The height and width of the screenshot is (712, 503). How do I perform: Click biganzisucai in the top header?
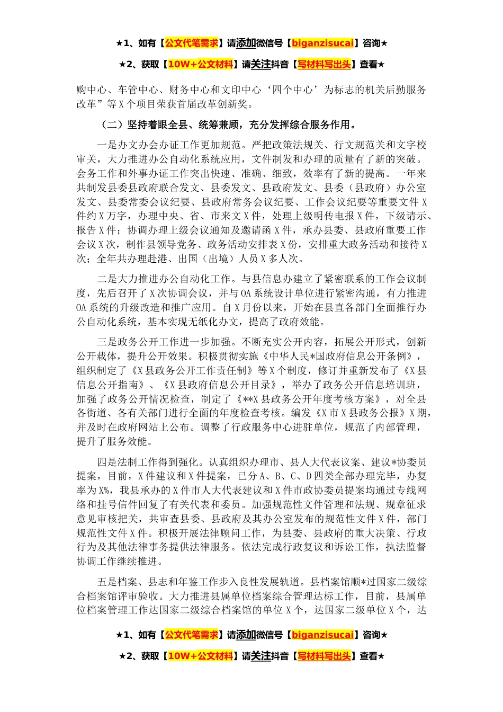322,43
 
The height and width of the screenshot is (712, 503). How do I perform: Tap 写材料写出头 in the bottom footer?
324,656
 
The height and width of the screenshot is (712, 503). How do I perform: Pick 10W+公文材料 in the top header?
200,65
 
